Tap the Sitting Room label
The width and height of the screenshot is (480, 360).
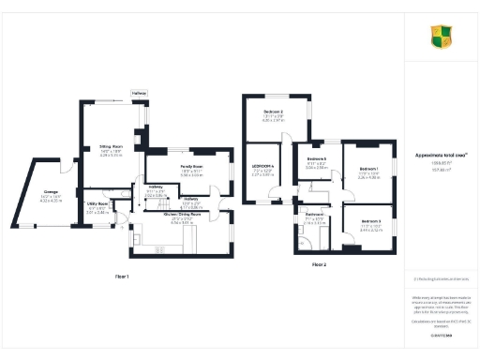(112, 146)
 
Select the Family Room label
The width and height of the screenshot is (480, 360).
(191, 167)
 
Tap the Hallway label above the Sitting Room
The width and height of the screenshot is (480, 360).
(139, 93)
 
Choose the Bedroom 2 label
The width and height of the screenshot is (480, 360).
(273, 112)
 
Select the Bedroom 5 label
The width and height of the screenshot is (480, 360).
(316, 159)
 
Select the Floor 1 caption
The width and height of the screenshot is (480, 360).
(121, 277)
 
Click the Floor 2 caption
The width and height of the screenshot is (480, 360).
(321, 264)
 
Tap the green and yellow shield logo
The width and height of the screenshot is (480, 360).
(442, 37)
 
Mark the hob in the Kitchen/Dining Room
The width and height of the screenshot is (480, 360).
(157, 248)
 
